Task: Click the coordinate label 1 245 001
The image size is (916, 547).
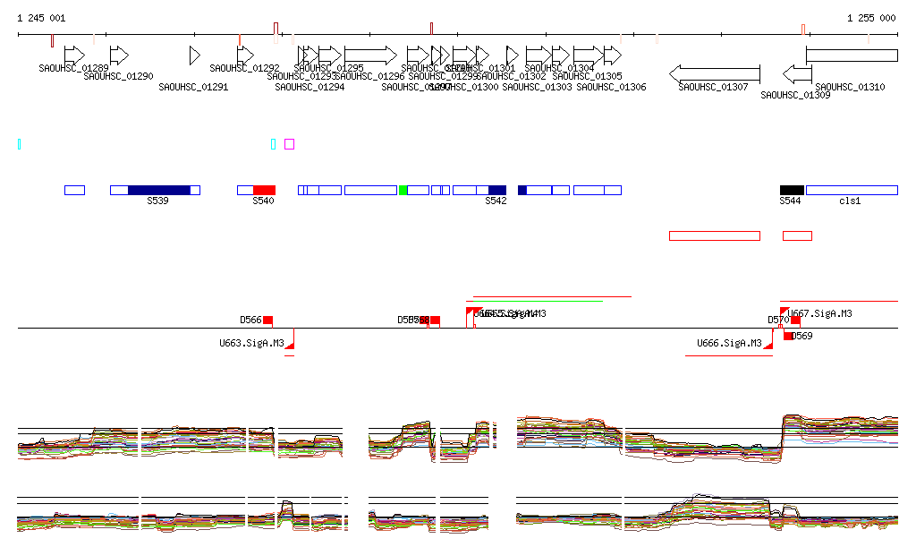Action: click(41, 18)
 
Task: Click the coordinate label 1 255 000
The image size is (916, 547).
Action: click(871, 18)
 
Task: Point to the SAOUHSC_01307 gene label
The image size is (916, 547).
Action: click(713, 87)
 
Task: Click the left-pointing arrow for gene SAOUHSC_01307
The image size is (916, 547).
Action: click(715, 73)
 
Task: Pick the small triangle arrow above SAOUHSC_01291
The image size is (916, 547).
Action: click(194, 56)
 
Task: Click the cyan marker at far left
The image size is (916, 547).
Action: click(20, 144)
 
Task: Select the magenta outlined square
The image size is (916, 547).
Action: click(289, 144)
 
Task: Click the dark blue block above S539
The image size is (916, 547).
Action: click(159, 190)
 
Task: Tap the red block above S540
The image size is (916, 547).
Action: click(264, 190)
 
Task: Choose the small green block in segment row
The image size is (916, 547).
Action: click(403, 190)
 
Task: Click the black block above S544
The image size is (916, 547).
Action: click(792, 190)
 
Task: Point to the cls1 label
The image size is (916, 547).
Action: click(849, 201)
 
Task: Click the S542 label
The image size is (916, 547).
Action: click(496, 201)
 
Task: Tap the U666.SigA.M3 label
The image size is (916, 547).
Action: click(729, 343)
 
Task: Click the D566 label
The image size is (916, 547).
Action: click(250, 320)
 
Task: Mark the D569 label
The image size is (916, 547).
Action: click(802, 337)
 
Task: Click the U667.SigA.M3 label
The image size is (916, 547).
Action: click(819, 313)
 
